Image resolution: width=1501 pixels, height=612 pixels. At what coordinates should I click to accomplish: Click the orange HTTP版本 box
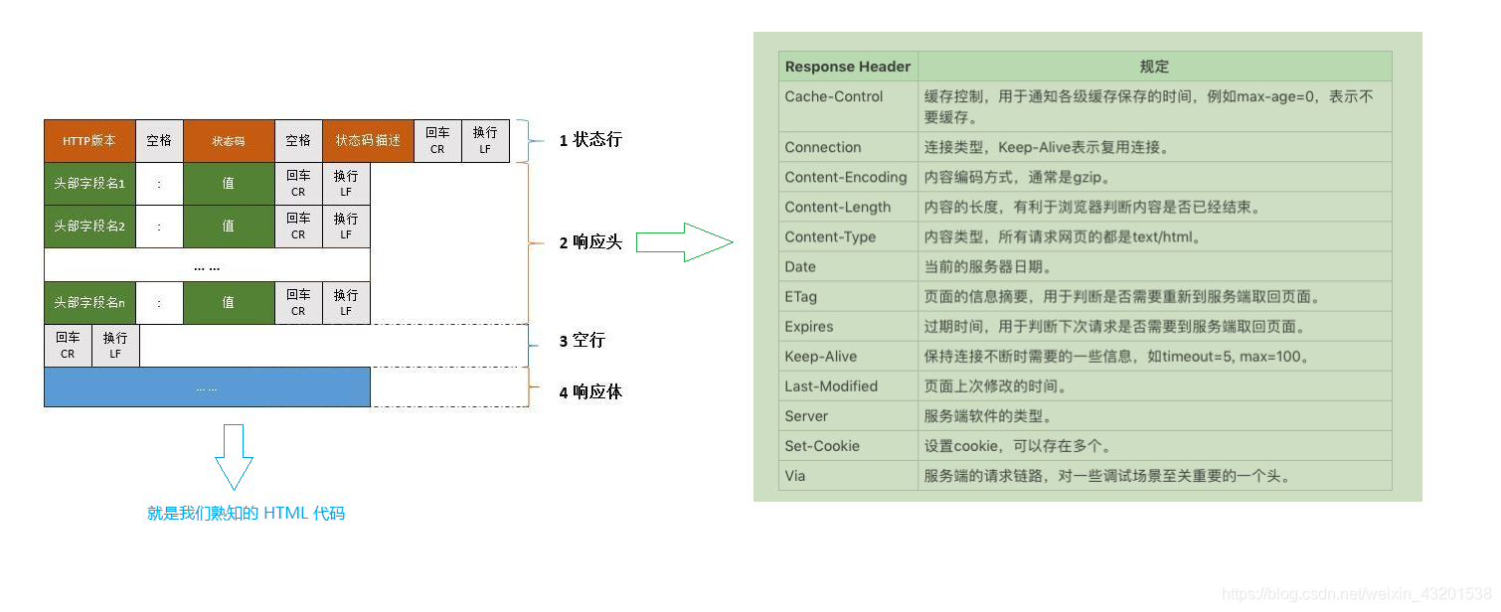pyautogui.click(x=89, y=141)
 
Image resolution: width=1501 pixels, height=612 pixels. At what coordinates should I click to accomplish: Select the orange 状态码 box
pyautogui.click(x=229, y=141)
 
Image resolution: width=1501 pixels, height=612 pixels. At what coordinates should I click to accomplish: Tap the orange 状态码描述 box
pyautogui.click(x=368, y=141)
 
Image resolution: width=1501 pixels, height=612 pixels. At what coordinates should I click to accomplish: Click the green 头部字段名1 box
pyautogui.click(x=89, y=184)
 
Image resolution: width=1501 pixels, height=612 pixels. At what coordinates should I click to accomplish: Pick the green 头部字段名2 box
pyautogui.click(x=89, y=227)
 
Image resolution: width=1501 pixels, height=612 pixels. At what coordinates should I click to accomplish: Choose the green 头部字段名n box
pyautogui.click(x=89, y=303)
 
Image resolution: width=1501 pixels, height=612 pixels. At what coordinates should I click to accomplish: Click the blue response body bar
pyautogui.click(x=207, y=387)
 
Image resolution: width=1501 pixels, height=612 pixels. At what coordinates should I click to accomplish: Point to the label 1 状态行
pyautogui.click(x=589, y=140)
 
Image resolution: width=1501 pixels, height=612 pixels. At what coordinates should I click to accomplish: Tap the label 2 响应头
pyautogui.click(x=589, y=242)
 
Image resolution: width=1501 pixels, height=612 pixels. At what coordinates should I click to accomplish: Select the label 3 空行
pyautogui.click(x=582, y=341)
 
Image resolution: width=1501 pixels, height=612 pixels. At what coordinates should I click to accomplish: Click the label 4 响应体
pyautogui.click(x=589, y=392)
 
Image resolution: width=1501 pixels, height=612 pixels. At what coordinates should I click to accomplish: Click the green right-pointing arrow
pyautogui.click(x=684, y=242)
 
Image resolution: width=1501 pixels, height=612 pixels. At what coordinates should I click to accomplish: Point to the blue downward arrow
pyautogui.click(x=235, y=457)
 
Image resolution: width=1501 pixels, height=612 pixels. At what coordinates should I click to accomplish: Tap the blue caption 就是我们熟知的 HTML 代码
pyautogui.click(x=246, y=514)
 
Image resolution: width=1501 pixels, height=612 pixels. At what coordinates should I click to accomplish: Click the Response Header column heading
pyautogui.click(x=848, y=67)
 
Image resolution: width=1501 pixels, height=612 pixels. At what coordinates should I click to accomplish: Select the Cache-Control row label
pyautogui.click(x=834, y=96)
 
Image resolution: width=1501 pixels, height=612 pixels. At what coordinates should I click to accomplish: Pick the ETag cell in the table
pyautogui.click(x=800, y=296)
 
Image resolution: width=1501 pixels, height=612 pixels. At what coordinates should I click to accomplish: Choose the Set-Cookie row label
pyautogui.click(x=822, y=446)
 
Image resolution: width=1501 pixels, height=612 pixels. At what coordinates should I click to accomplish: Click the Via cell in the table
pyautogui.click(x=795, y=476)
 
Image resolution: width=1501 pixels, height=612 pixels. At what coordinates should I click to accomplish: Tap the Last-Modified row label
pyautogui.click(x=831, y=386)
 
